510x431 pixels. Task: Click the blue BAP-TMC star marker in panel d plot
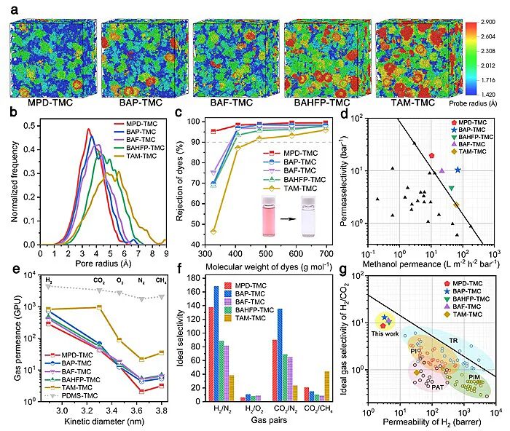pyautogui.click(x=458, y=170)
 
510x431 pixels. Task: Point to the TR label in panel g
pyautogui.click(x=452, y=341)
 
